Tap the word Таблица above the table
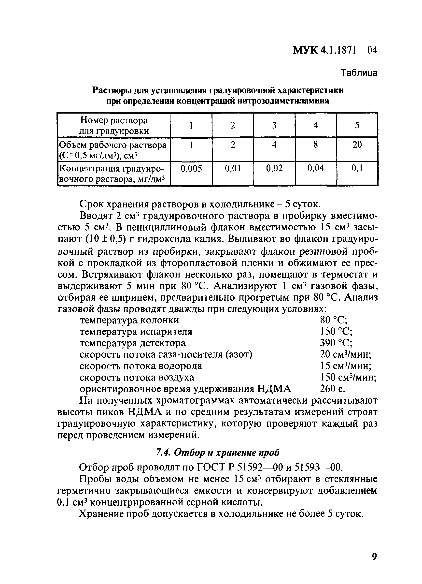(x=359, y=73)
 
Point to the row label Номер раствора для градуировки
(x=114, y=126)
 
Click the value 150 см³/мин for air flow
(x=348, y=378)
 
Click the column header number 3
(x=274, y=125)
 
